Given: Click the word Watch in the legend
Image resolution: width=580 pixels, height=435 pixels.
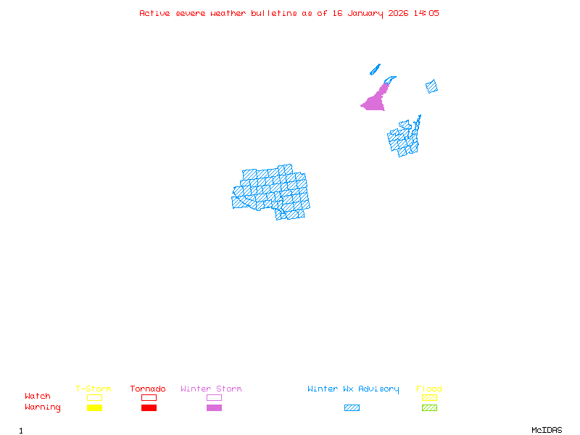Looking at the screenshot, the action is [38, 397].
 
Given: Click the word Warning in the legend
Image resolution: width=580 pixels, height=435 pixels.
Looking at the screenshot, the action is [42, 407].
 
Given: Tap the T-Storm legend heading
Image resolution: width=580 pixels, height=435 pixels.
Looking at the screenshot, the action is [94, 389].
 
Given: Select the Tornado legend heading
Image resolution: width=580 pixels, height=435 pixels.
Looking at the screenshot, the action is [148, 389].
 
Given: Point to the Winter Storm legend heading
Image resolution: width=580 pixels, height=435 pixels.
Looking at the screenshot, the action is [211, 389].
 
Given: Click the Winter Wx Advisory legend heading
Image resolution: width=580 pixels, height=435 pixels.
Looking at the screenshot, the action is [353, 389].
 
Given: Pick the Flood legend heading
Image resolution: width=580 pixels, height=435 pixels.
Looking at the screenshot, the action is [429, 389].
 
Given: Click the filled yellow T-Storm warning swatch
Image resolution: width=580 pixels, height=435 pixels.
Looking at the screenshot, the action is [94, 408].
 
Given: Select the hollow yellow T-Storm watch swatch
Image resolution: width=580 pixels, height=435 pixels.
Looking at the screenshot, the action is [94, 397].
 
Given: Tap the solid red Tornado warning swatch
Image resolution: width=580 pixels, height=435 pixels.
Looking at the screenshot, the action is [149, 408].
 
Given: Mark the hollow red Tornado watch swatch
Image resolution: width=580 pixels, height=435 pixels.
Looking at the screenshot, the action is [149, 397].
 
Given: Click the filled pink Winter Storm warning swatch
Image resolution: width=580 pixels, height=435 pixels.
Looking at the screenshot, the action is [214, 408].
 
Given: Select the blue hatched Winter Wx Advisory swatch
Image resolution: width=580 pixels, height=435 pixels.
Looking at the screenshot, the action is [352, 408].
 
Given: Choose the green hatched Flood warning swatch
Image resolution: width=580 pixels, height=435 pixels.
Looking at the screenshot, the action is [429, 408].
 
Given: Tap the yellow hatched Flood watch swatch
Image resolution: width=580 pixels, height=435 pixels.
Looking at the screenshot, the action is [429, 397].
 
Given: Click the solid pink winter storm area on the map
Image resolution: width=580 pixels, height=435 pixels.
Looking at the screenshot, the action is [375, 101].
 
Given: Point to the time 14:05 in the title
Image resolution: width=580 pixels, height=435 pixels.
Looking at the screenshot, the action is [426, 13].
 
